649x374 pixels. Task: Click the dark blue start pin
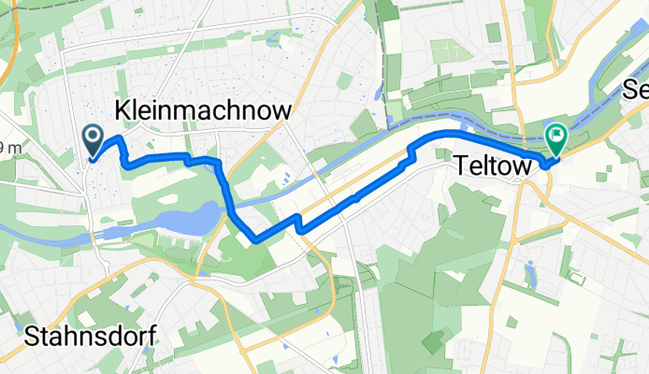(x=94, y=141)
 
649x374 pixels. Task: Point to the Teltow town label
(x=493, y=165)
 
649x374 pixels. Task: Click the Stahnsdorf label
(x=90, y=336)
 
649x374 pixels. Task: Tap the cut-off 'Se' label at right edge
(x=637, y=92)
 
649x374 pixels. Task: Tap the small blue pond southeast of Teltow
(x=531, y=274)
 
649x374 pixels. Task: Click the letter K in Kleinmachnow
(x=123, y=111)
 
